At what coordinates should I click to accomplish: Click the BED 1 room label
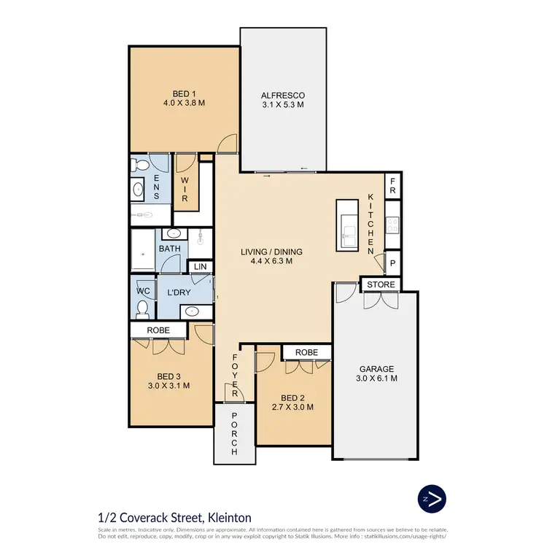click(x=184, y=93)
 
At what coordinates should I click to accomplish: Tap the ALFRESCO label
click(x=283, y=96)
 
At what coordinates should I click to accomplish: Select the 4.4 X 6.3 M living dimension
click(x=271, y=261)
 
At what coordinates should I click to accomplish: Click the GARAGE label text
click(x=376, y=368)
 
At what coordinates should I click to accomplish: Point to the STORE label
click(x=381, y=284)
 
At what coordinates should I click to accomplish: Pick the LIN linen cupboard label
click(x=201, y=267)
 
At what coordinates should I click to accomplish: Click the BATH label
click(x=170, y=249)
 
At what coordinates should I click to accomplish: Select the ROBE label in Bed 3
click(x=158, y=330)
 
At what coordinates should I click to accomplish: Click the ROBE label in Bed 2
click(x=306, y=352)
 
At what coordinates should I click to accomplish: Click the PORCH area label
click(x=234, y=435)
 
